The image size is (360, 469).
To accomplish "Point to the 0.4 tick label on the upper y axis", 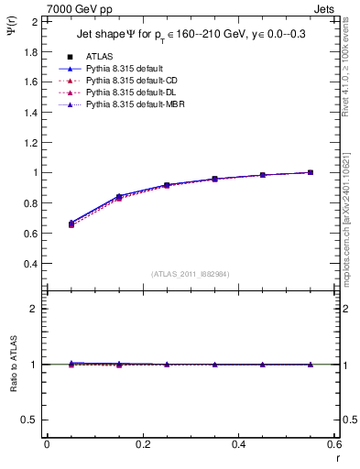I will tap(30, 264).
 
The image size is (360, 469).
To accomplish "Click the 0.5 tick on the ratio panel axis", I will tap(30, 420).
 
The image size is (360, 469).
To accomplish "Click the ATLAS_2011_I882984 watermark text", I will tap(191, 273).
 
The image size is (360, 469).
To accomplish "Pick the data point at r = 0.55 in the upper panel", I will tap(311, 172).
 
